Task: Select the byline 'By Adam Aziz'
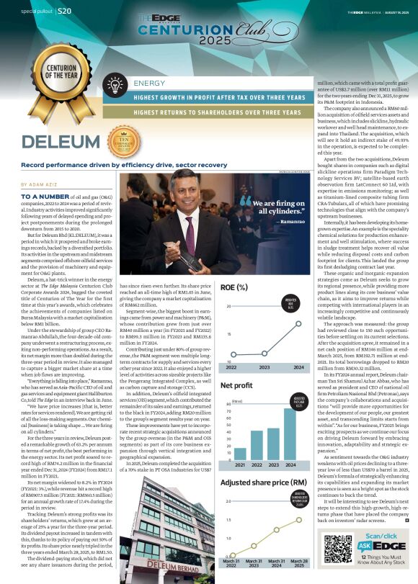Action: (x=40, y=184)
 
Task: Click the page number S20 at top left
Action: (x=64, y=12)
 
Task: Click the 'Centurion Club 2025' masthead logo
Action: (x=208, y=29)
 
